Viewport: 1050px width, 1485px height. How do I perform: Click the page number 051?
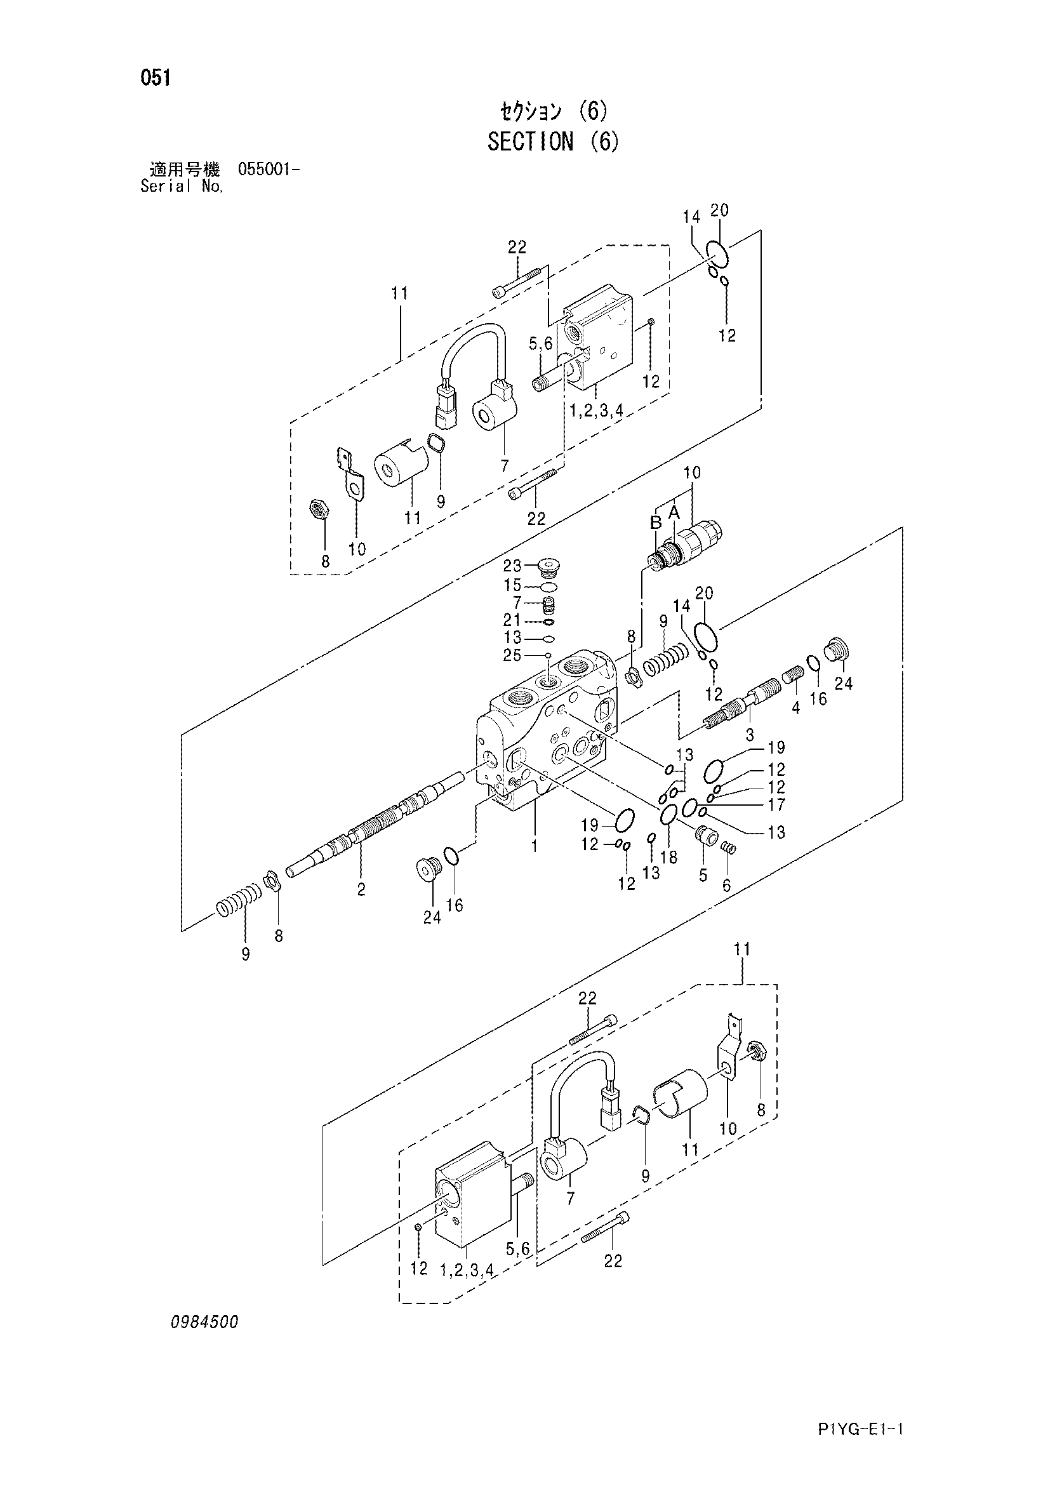(156, 77)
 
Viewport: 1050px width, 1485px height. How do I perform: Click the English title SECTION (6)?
(553, 141)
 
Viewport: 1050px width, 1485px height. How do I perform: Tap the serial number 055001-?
(269, 170)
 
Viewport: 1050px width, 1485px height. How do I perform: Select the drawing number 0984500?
(205, 1322)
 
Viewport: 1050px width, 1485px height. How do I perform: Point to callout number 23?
(512, 566)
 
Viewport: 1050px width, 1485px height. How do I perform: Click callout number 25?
(512, 655)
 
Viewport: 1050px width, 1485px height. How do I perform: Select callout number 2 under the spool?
(361, 889)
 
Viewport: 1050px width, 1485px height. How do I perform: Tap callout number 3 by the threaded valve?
(749, 735)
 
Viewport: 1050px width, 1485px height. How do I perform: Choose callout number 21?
(512, 620)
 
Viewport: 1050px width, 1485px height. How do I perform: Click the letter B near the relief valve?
(656, 521)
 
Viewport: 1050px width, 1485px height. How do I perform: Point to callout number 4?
(795, 709)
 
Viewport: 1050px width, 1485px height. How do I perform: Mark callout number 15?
(512, 585)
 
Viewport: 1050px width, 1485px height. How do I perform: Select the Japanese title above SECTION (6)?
(554, 112)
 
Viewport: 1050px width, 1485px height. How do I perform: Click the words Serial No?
(182, 187)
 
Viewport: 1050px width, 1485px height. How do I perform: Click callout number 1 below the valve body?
(535, 846)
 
